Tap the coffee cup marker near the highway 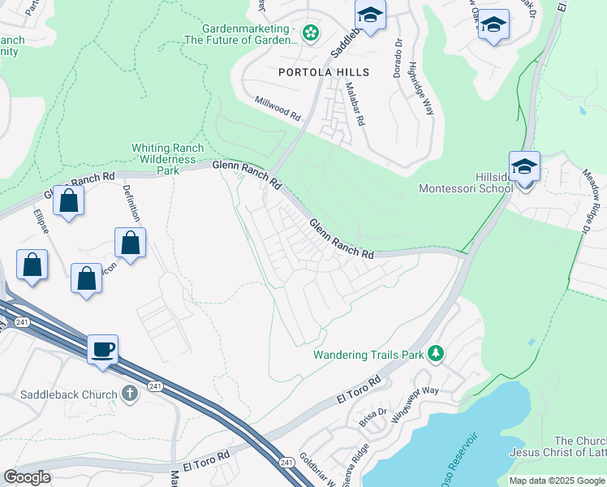point(103,351)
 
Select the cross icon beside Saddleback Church point(130,394)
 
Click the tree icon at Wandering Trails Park point(437,353)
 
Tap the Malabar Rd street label point(355,104)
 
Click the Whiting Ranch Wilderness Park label point(167,159)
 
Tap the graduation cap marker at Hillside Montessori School point(524,167)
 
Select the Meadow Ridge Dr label point(591,195)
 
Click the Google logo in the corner point(28,477)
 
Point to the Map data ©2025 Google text point(556,481)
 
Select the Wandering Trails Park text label point(369,355)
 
